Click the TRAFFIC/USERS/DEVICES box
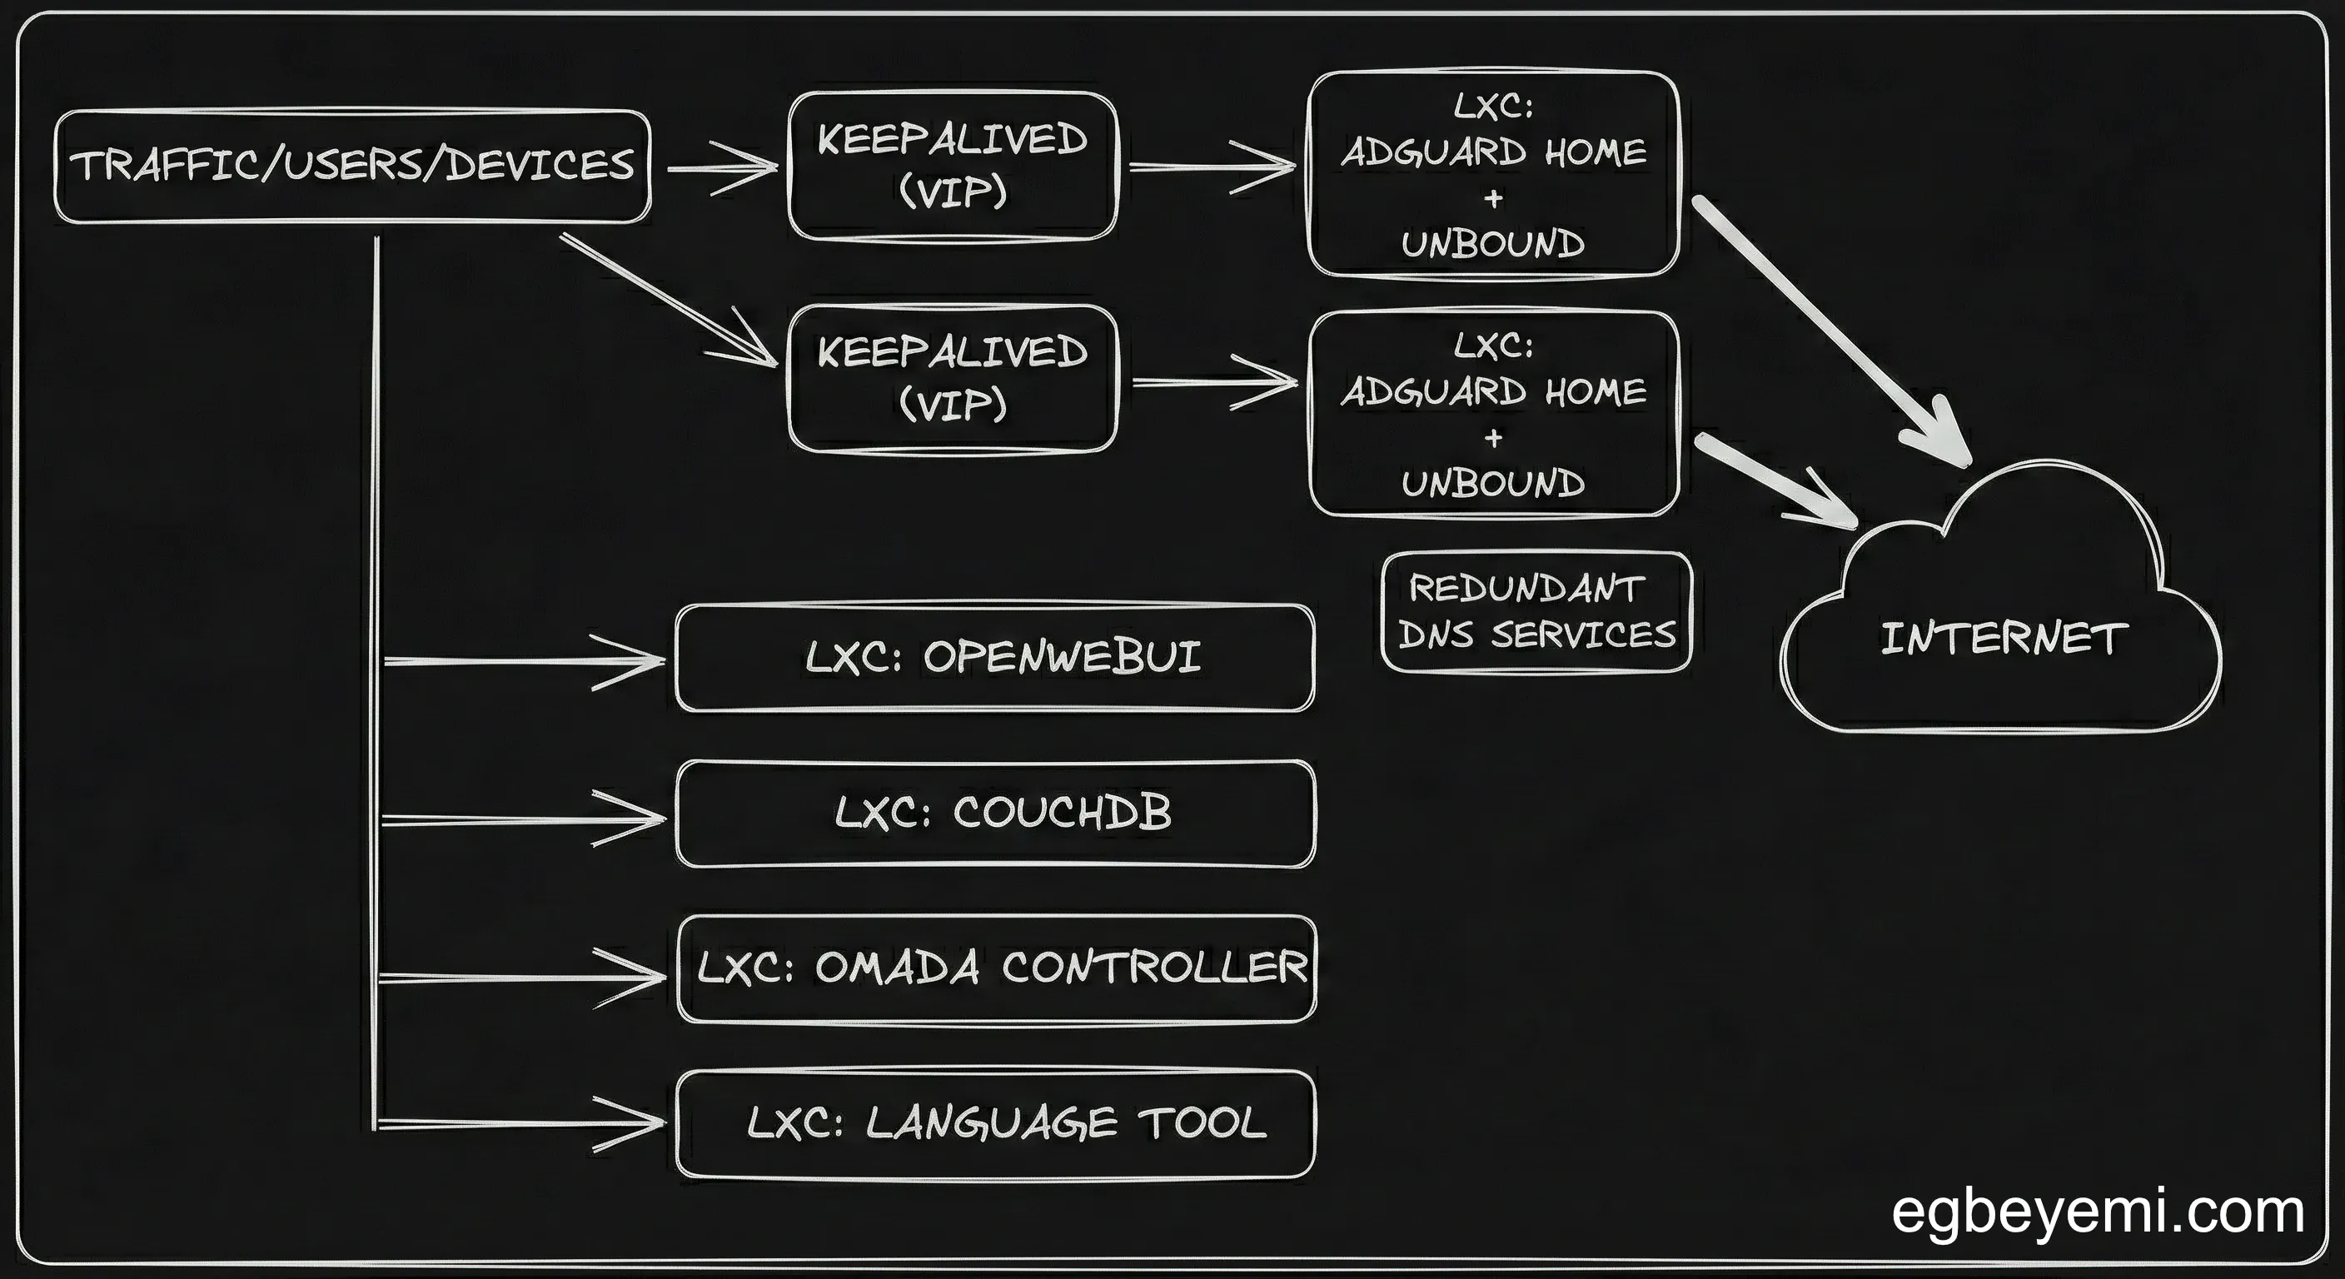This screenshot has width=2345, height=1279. (x=352, y=167)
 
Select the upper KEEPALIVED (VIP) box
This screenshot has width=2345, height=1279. (x=952, y=166)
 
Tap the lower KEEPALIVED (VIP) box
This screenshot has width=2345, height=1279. (x=952, y=379)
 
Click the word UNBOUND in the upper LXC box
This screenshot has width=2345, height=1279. (x=1493, y=244)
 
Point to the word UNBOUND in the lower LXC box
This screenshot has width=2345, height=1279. (x=1493, y=484)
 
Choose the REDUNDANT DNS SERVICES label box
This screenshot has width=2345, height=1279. (x=1536, y=612)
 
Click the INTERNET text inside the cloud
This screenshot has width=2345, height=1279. (x=2003, y=638)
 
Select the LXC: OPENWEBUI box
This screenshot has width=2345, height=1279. (x=995, y=657)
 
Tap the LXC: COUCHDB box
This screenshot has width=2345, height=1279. (x=995, y=814)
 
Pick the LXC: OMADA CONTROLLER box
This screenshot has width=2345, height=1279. (x=997, y=968)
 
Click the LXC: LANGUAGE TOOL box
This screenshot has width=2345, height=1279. (x=997, y=1123)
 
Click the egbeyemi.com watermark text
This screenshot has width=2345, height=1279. (x=2098, y=1212)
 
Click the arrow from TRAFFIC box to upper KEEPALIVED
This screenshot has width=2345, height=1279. (x=724, y=168)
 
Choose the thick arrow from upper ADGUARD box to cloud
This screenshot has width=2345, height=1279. (x=1830, y=328)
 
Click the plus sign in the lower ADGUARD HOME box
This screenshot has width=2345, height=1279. (x=1493, y=439)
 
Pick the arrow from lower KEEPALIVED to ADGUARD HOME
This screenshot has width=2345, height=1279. (x=1215, y=382)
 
